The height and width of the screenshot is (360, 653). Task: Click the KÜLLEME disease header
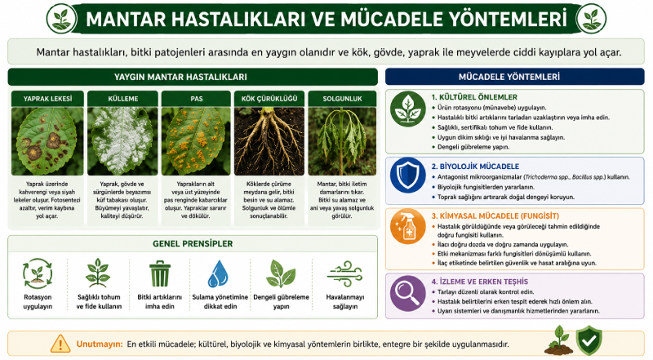tap(123, 99)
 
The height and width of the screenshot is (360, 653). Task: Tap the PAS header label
tap(196, 99)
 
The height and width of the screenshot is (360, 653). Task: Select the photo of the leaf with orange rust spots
tap(196, 141)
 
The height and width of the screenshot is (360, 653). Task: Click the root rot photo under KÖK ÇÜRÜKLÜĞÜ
tap(269, 141)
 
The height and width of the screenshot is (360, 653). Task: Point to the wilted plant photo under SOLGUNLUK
tap(342, 141)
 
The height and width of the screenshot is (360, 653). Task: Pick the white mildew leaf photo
tap(123, 141)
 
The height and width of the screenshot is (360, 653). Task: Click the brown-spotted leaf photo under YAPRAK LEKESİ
tap(47, 141)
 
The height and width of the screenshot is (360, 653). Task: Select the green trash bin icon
tap(160, 273)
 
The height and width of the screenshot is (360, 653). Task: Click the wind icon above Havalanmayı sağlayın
tap(344, 273)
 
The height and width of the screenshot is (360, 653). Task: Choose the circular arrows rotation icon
tap(38, 273)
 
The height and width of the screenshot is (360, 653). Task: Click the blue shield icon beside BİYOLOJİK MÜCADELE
tap(408, 176)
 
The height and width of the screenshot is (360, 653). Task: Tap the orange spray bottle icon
tap(408, 227)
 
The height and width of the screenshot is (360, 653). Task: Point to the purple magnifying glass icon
tap(408, 293)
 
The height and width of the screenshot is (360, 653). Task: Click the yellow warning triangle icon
tap(60, 344)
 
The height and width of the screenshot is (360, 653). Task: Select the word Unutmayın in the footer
tap(100, 344)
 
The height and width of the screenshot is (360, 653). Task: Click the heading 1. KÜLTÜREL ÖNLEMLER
tap(474, 97)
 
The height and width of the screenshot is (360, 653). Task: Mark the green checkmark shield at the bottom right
tap(589, 340)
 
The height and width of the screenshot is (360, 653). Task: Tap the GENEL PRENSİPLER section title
tap(193, 244)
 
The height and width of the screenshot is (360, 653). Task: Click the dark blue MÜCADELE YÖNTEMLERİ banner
tap(515, 77)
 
